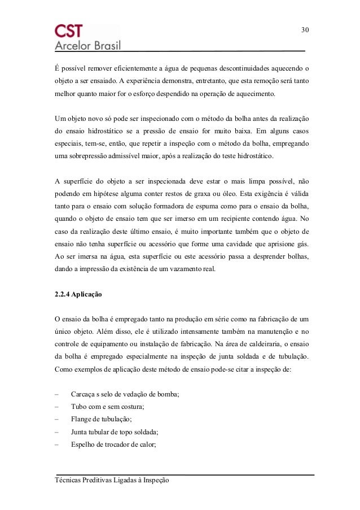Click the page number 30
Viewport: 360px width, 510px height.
pos(305,29)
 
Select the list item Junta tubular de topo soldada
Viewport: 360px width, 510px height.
pos(115,431)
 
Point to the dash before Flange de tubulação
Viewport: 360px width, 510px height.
pos(57,419)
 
